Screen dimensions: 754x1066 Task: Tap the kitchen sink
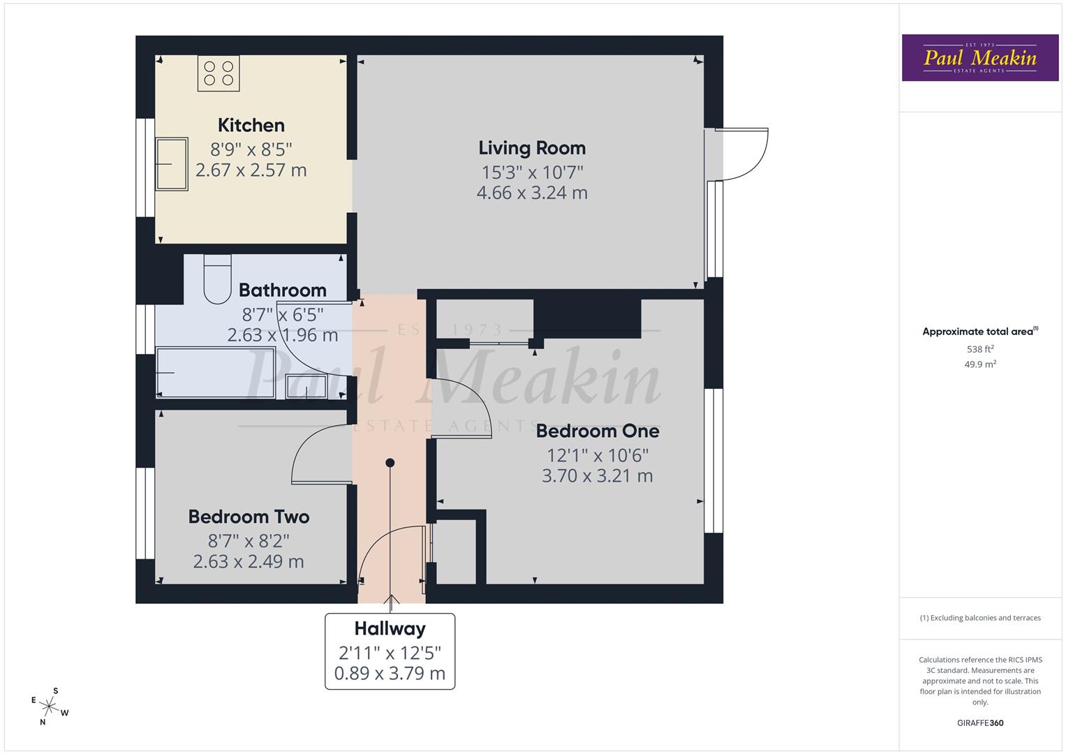pos(172,164)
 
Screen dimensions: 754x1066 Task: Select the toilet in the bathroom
pos(217,279)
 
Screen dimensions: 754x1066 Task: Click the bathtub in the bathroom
pos(215,373)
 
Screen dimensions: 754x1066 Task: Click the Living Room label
pos(531,148)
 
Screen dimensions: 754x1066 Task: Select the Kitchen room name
pos(251,126)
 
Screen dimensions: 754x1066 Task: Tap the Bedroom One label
pos(597,431)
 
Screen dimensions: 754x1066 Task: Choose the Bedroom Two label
pos(249,517)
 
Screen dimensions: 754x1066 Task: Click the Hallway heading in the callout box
pos(390,629)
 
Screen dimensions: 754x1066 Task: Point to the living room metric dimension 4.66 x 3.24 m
pos(531,193)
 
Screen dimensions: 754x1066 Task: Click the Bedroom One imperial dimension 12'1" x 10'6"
pos(597,455)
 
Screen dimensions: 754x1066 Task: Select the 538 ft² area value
pos(980,349)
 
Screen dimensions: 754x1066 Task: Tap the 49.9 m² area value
pos(980,364)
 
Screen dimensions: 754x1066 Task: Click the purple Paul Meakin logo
pos(979,58)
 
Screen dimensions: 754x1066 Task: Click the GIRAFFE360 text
pos(979,723)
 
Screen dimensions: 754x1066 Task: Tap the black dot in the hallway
pos(390,463)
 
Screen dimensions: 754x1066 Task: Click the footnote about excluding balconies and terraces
pos(979,618)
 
